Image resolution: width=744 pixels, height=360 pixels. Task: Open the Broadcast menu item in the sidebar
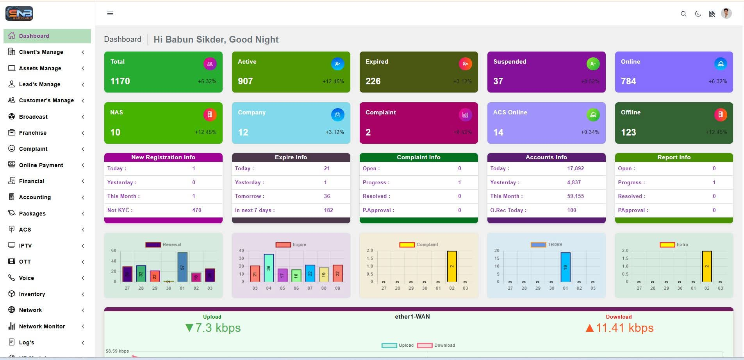point(33,117)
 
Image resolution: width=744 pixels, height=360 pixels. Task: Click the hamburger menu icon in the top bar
point(110,13)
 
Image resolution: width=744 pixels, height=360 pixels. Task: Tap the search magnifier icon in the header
point(683,14)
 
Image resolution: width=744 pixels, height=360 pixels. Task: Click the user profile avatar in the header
point(726,14)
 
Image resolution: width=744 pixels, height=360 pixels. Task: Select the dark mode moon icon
point(698,14)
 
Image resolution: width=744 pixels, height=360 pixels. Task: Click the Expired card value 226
point(373,81)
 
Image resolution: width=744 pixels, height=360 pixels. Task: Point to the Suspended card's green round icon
point(592,64)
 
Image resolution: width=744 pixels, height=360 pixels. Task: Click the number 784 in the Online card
point(628,81)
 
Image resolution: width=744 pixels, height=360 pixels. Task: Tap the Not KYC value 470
point(196,210)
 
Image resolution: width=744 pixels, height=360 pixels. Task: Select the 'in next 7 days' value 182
point(328,210)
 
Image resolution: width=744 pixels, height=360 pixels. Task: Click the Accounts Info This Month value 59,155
point(575,196)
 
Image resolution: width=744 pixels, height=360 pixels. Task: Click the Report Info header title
point(674,157)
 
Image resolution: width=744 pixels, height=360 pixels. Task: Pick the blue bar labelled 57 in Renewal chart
point(182,267)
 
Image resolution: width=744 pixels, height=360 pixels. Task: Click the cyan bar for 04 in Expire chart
point(269,268)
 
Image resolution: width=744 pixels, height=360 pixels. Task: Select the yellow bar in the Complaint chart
point(452,266)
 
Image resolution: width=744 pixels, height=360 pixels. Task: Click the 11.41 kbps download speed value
point(624,328)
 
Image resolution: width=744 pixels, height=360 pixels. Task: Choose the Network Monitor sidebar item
point(42,326)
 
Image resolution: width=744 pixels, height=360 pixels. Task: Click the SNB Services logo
point(19,14)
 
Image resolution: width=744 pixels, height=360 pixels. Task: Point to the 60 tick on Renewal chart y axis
point(114,250)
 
